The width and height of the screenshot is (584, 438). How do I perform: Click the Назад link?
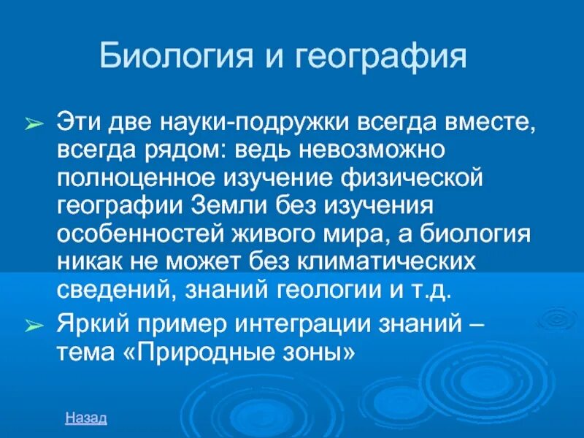pyautogui.click(x=86, y=418)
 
